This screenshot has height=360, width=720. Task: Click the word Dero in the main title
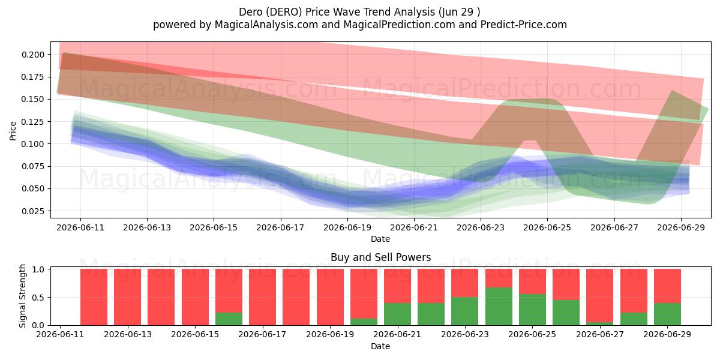[250, 12]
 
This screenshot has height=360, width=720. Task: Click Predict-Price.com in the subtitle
[524, 25]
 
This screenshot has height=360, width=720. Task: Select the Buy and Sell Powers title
[380, 257]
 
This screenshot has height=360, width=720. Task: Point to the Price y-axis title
[13, 131]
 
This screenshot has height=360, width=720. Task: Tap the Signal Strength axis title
[22, 296]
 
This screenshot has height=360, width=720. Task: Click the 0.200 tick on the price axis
[33, 55]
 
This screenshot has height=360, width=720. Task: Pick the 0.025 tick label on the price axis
[33, 211]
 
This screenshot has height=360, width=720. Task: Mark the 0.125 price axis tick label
[33, 122]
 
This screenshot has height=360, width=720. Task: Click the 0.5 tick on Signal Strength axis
[38, 298]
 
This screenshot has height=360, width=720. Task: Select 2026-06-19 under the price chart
[347, 227]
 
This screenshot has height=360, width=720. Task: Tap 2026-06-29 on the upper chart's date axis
[681, 227]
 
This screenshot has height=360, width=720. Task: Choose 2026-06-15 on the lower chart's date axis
[195, 334]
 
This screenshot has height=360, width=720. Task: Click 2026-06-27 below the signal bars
[600, 334]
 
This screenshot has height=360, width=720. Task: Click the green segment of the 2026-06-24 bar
[499, 307]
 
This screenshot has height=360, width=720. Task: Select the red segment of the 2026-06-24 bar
[499, 278]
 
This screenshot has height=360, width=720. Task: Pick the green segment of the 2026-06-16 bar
[229, 319]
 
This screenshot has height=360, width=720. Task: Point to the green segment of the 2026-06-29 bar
[667, 314]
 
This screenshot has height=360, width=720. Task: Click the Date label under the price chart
[380, 239]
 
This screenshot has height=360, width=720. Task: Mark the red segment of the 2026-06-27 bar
[600, 296]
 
